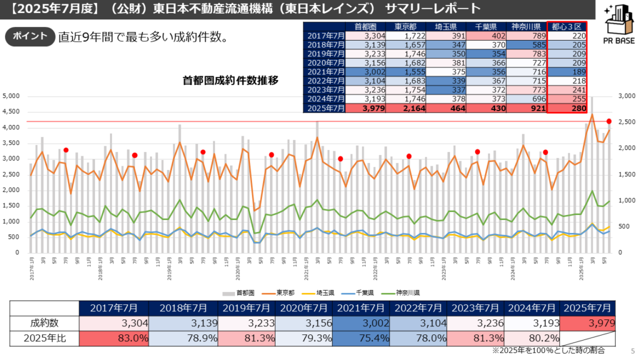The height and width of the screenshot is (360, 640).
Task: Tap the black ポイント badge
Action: (29, 36)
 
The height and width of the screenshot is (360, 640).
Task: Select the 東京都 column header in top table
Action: (406, 26)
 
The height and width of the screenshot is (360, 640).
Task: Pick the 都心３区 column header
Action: (567, 26)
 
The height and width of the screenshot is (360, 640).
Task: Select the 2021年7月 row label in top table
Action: (325, 72)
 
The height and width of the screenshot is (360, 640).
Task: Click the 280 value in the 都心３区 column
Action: (567, 108)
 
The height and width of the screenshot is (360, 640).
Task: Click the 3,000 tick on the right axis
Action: (627, 96)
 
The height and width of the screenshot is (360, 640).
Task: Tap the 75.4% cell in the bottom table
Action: (361, 338)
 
